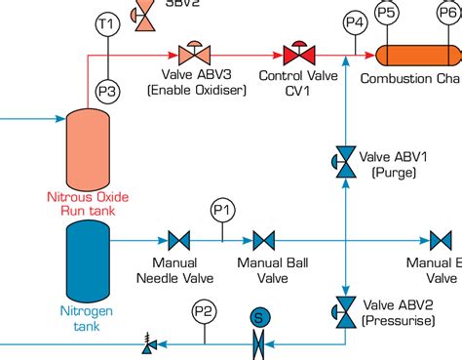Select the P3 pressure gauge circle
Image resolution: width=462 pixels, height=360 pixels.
tap(106, 91)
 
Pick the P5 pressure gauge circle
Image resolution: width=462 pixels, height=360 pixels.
tap(387, 13)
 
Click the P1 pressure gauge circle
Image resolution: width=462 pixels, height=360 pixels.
tap(222, 209)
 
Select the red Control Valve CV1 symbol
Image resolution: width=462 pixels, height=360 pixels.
tap(293, 54)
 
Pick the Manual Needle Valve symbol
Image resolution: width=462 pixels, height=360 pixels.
tap(178, 240)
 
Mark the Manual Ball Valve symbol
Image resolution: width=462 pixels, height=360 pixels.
tap(263, 240)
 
